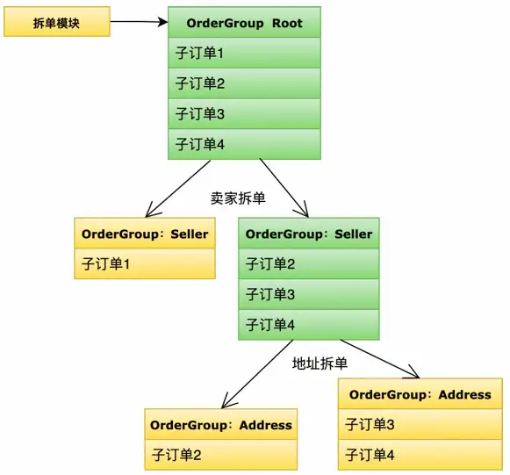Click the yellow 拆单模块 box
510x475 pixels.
pyautogui.click(x=57, y=22)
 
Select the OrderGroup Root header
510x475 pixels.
pyautogui.click(x=244, y=23)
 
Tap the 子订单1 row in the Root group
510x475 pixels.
pyautogui.click(x=244, y=53)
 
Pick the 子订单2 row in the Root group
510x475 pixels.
pyautogui.click(x=244, y=83)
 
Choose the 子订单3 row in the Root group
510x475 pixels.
pyautogui.click(x=244, y=114)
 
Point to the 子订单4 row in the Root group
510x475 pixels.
pyautogui.click(x=244, y=144)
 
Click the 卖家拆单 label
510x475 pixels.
pyautogui.click(x=238, y=198)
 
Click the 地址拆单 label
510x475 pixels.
pyautogui.click(x=320, y=363)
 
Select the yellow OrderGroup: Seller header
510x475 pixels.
pyautogui.click(x=145, y=234)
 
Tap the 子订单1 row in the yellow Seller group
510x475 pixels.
pyautogui.click(x=145, y=264)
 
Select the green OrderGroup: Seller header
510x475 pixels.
pyautogui.click(x=309, y=234)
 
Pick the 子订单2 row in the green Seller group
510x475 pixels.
pyautogui.click(x=309, y=264)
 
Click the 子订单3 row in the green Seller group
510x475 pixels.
pyautogui.click(x=309, y=294)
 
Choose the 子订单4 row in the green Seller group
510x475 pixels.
pyautogui.click(x=309, y=325)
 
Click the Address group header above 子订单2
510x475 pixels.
pyautogui.click(x=221, y=425)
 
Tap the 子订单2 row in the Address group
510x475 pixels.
pyautogui.click(x=221, y=455)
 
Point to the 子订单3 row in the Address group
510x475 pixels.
pyautogui.click(x=420, y=424)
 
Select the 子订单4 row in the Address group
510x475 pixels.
pyautogui.click(x=420, y=455)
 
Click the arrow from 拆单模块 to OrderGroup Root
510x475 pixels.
pyautogui.click(x=140, y=22)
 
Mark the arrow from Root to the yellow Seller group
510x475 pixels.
pyautogui.click(x=177, y=189)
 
